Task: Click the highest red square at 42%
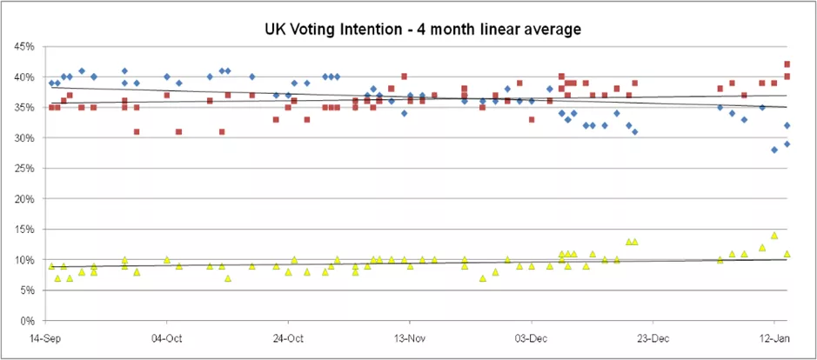pyautogui.click(x=787, y=64)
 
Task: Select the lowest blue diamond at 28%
pyautogui.click(x=774, y=150)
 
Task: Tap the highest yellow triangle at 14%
pyautogui.click(x=774, y=236)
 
